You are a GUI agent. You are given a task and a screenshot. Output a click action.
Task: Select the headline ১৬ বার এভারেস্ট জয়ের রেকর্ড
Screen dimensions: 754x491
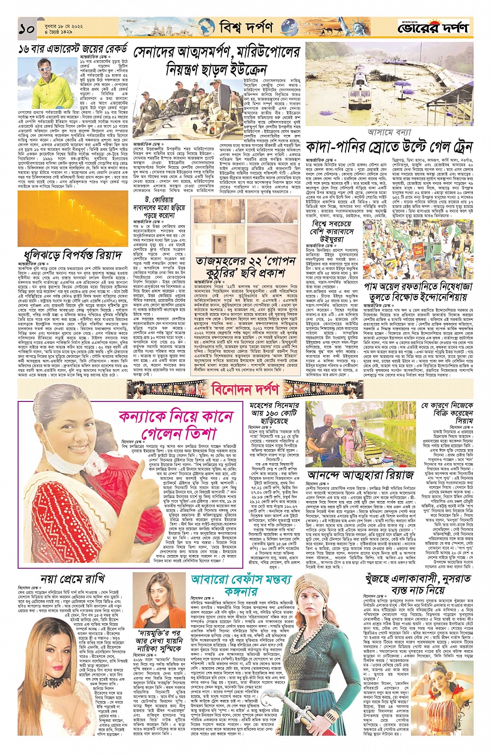pos(73,50)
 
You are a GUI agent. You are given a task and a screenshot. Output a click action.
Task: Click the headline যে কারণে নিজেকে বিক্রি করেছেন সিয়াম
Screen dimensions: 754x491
pos(447,413)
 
